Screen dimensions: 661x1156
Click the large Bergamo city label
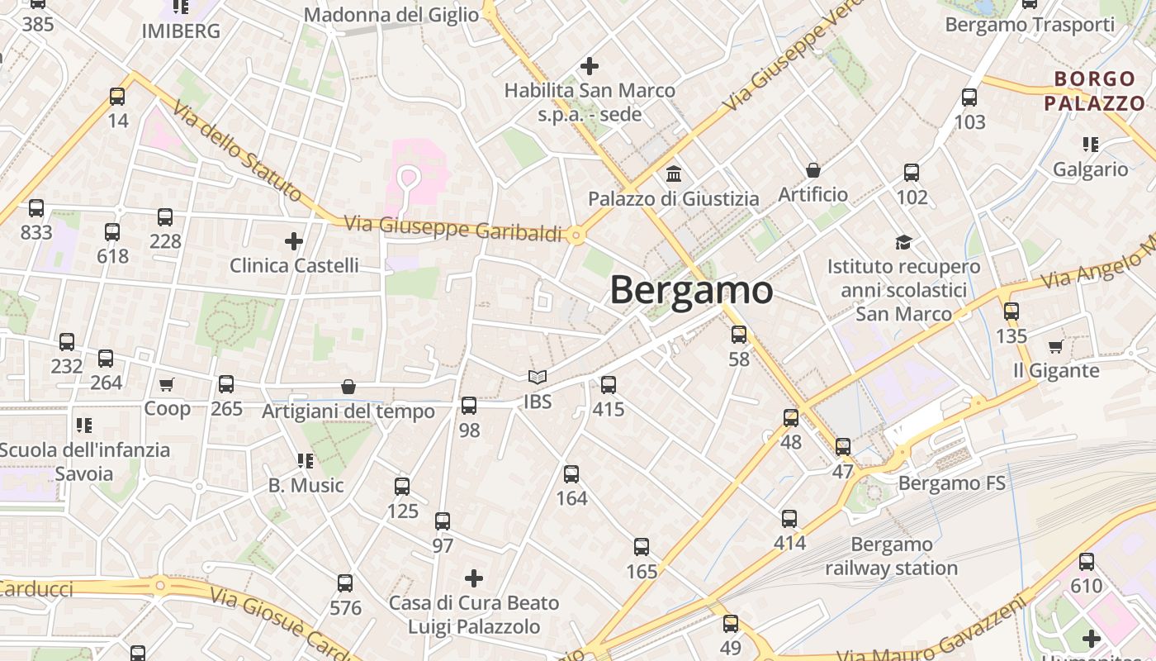point(691,290)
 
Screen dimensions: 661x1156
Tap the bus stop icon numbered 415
point(609,385)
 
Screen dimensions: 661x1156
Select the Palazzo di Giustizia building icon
point(674,174)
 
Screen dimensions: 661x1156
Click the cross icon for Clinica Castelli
point(293,241)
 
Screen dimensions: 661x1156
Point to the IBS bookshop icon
point(538,378)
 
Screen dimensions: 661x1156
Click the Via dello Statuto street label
point(236,151)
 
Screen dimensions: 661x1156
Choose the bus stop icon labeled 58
point(739,335)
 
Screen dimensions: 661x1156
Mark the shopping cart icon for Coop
point(167,384)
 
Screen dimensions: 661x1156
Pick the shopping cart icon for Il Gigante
point(1055,346)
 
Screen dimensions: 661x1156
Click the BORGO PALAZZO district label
point(1094,92)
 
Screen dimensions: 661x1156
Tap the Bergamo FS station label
point(951,483)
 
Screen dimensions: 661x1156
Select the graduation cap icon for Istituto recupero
point(904,242)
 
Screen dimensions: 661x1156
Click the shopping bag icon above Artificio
point(813,170)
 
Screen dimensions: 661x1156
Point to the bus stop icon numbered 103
point(969,97)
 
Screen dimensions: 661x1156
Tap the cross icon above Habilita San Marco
point(590,65)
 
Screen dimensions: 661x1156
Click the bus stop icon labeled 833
point(36,208)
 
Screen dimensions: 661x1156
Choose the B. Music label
point(306,485)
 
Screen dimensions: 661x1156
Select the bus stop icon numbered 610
point(1087,562)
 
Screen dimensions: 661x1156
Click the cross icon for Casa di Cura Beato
point(474,578)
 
